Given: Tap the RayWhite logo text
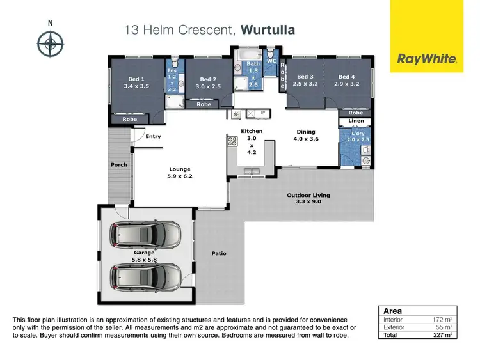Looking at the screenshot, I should coord(427,59).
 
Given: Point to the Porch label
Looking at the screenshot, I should coord(118,165).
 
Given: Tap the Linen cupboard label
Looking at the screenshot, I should coord(356,121).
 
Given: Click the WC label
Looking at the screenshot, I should coord(271,61).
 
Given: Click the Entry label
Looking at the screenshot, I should coord(153,136).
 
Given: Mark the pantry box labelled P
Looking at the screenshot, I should coord(262,113).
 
